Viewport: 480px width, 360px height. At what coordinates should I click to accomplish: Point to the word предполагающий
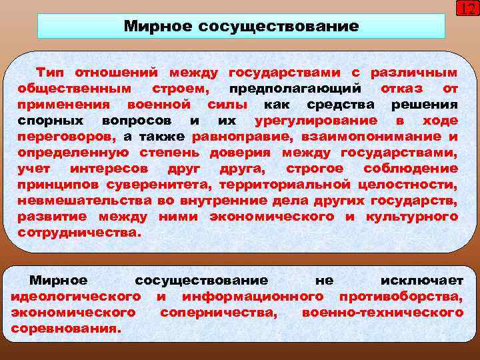[x=295, y=88]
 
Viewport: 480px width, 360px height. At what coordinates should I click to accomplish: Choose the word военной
[x=158, y=105]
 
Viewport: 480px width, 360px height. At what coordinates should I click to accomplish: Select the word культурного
[x=411, y=217]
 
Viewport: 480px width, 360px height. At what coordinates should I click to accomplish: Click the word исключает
[x=421, y=281]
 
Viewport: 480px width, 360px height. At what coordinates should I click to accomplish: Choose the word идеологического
[x=75, y=297]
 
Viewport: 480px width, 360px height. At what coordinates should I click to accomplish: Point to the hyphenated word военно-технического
[x=382, y=313]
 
